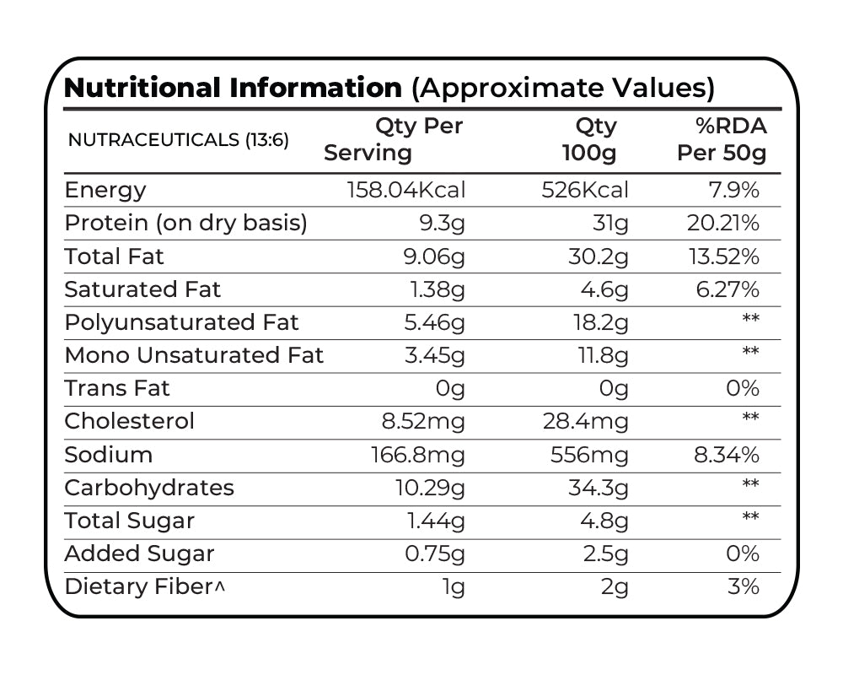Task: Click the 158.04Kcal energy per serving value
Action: [405, 190]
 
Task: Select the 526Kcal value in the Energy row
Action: [584, 190]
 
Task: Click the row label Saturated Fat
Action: [142, 289]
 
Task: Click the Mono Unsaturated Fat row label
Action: [194, 355]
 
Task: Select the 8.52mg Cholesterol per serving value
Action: [418, 421]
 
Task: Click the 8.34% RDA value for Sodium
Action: [725, 455]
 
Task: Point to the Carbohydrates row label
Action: [149, 488]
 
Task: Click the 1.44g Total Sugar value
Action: [435, 521]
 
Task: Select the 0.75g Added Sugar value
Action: [432, 553]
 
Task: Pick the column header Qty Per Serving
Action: [395, 139]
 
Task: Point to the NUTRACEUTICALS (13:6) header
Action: [178, 140]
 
